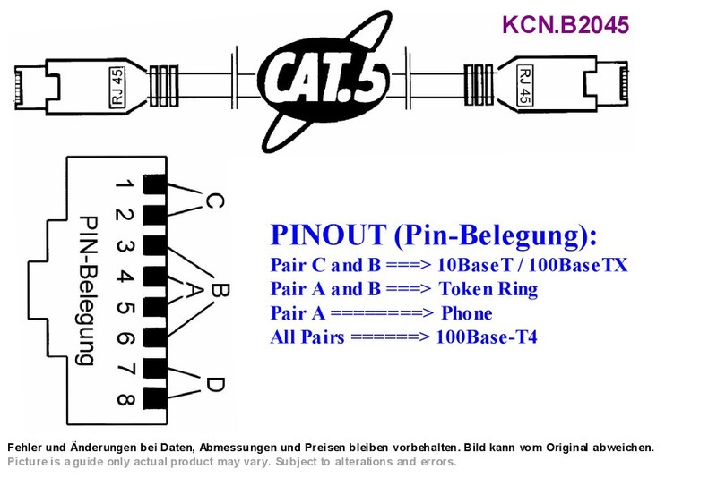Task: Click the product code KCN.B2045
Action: [566, 25]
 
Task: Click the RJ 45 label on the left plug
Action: [117, 87]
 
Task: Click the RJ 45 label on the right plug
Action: [525, 85]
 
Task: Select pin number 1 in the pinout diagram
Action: [124, 184]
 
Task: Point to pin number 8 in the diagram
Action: [125, 399]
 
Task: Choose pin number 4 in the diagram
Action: [125, 277]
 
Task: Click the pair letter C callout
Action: [214, 201]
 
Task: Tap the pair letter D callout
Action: [214, 384]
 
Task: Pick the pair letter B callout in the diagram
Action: [219, 290]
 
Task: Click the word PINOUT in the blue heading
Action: [328, 235]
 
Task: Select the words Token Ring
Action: [488, 289]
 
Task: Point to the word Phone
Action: [466, 313]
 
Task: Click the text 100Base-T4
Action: [487, 337]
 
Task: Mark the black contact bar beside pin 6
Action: [155, 337]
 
